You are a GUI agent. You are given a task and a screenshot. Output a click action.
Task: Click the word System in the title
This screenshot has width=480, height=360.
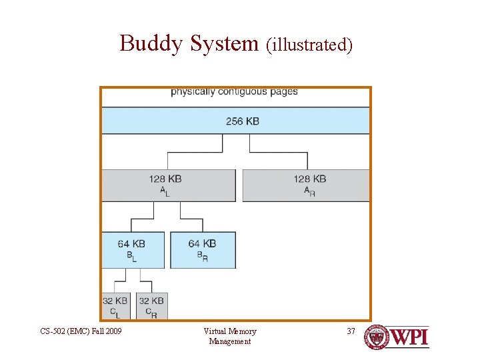[x=224, y=43]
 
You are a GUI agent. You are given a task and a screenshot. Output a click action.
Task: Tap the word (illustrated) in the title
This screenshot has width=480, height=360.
[x=309, y=45]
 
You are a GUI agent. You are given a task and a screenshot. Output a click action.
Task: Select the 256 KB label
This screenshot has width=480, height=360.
[x=243, y=121]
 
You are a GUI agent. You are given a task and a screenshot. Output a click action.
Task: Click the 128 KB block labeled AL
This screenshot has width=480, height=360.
[x=168, y=185]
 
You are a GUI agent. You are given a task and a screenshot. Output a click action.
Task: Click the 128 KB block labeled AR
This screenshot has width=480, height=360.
[x=305, y=185]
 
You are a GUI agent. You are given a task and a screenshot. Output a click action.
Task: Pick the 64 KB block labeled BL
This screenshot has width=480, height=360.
[x=132, y=250]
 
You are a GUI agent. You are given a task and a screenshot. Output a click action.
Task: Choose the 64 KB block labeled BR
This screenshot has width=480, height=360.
[x=203, y=250]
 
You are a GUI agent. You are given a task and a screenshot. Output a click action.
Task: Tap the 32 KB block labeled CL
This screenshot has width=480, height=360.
[x=115, y=306]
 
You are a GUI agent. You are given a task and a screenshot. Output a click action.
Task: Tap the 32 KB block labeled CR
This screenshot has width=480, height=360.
[x=151, y=306]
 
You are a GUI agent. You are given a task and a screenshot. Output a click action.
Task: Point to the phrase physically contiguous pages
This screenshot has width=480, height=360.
[x=234, y=91]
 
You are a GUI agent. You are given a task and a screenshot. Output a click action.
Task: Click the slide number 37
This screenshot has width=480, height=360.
[x=351, y=331]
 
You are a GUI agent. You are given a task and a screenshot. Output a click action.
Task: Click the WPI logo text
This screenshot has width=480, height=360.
[x=408, y=337]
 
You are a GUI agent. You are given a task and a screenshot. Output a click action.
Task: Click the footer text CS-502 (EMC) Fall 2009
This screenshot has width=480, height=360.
[x=81, y=331]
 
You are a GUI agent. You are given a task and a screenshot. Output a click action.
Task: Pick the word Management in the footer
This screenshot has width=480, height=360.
[x=230, y=341]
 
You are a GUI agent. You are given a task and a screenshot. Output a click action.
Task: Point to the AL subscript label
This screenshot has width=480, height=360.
[x=165, y=191]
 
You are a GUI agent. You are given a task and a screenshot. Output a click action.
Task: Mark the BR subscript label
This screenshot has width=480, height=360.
[x=202, y=256]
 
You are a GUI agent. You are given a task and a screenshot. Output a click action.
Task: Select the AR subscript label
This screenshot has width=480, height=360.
[x=309, y=191]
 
